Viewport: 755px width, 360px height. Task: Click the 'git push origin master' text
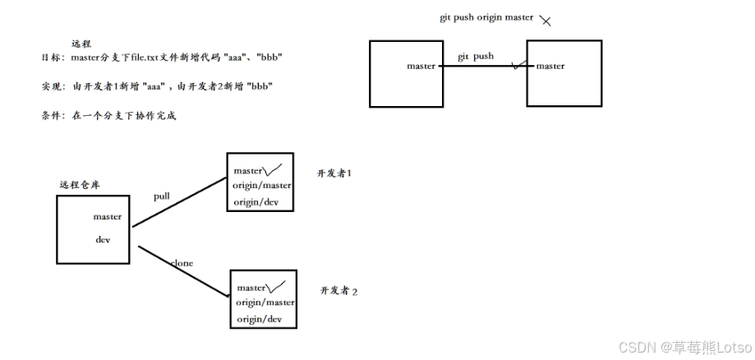[x=486, y=17]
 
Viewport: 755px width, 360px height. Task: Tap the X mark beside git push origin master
[x=546, y=20]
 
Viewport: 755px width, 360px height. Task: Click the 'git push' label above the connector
[x=476, y=56]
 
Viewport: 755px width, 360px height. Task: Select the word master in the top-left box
[x=421, y=66]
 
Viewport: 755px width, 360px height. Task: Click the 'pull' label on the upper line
[x=162, y=196]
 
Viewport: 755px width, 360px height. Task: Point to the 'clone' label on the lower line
[x=182, y=263]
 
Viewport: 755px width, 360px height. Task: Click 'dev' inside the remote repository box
[x=103, y=239]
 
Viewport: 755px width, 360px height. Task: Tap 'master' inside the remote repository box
[x=108, y=217]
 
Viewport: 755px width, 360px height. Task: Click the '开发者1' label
[x=334, y=173]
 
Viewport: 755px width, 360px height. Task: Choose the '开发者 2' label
[x=338, y=291]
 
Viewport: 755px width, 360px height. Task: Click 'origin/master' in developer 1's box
[x=261, y=186]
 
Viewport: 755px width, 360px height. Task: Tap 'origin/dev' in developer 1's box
[x=256, y=201]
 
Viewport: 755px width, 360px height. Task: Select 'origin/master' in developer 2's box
[x=265, y=302]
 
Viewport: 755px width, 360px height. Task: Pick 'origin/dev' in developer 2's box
[x=260, y=319]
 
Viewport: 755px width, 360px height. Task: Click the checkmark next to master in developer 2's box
[x=277, y=287]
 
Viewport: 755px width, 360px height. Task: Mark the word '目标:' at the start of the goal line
[x=51, y=57]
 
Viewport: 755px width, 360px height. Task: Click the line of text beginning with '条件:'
[x=108, y=116]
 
